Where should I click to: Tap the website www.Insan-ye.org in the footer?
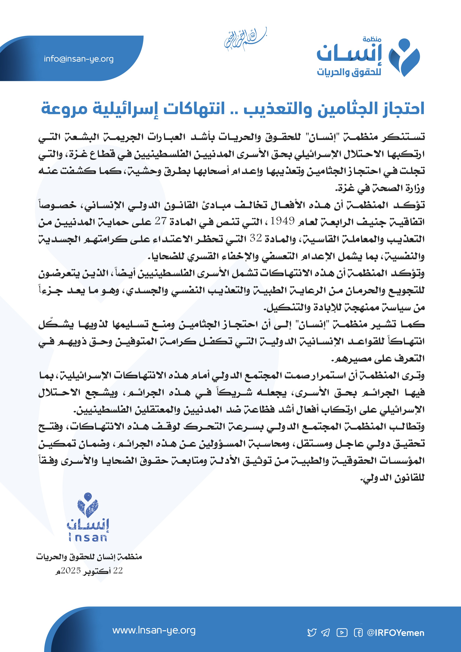(x=154, y=630)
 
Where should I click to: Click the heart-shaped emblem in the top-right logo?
(x=404, y=57)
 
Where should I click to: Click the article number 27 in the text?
(x=160, y=221)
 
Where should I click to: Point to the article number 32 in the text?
(x=256, y=238)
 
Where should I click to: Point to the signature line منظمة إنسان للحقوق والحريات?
(x=89, y=557)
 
